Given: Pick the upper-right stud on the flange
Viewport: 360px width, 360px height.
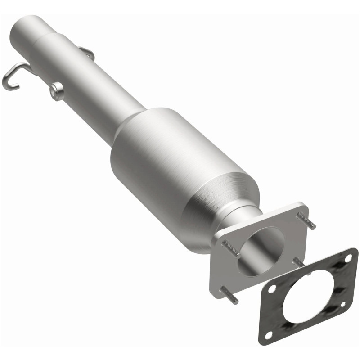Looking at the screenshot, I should pos(306,221).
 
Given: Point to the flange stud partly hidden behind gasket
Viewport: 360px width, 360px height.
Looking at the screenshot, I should pos(298,262).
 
